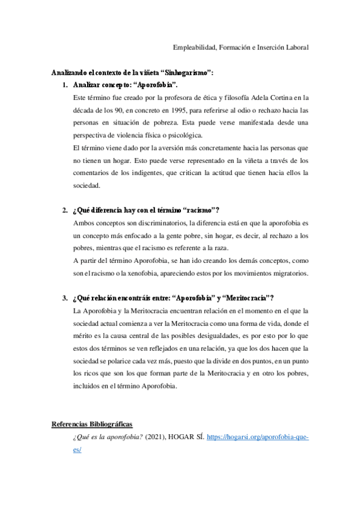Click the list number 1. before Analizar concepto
click(x=66, y=85)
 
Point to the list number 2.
click(x=66, y=210)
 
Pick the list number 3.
click(x=66, y=298)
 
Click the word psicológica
click(x=184, y=135)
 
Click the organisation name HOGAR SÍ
click(x=187, y=437)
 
